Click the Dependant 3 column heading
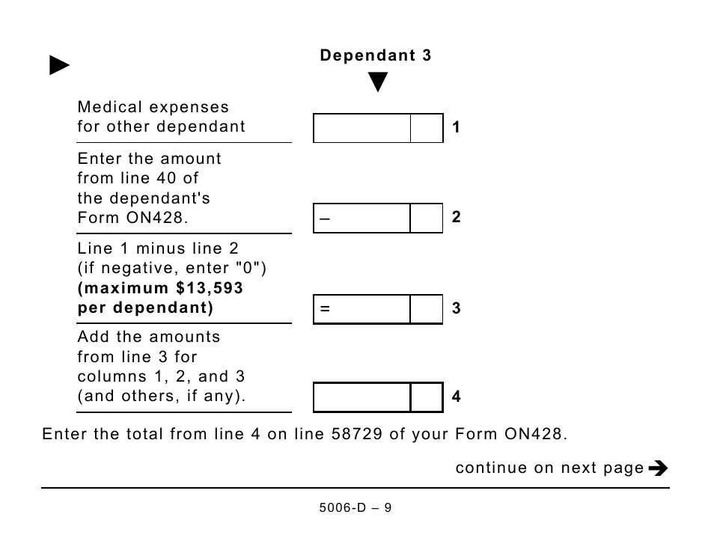[376, 55]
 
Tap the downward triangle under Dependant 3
[378, 82]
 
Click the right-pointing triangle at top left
[59, 66]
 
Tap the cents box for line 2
[427, 219]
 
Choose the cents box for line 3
[427, 309]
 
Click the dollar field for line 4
[362, 397]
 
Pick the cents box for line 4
[427, 397]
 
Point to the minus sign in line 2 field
[324, 219]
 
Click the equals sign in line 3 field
[325, 309]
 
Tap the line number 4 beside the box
[457, 397]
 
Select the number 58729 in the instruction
[355, 434]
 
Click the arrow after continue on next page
[658, 468]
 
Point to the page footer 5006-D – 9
[355, 508]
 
